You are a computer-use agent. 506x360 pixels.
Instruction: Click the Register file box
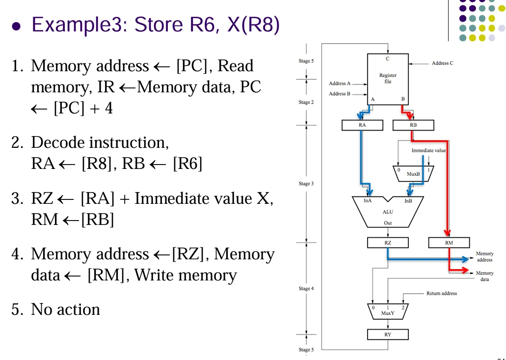tap(388, 78)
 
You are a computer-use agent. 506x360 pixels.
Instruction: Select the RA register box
tap(362, 125)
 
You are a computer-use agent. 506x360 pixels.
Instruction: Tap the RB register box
tap(413, 125)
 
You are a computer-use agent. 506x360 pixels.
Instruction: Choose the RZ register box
tap(388, 242)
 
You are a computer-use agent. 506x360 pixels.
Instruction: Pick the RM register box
tap(449, 242)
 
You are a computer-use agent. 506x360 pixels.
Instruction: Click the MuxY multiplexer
tap(388, 310)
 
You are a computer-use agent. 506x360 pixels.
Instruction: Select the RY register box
tap(388, 335)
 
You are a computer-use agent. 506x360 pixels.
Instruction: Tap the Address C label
tap(443, 63)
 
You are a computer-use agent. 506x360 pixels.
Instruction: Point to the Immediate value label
tap(428, 150)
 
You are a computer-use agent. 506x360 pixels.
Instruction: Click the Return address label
tap(442, 293)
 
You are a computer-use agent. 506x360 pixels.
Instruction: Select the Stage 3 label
tap(305, 184)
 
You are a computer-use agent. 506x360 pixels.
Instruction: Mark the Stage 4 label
tap(305, 289)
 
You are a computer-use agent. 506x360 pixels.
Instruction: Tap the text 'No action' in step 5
tap(65, 309)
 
